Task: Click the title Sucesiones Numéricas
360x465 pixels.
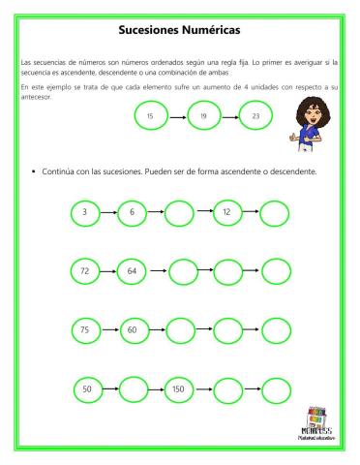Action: click(178, 30)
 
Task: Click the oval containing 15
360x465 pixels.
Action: click(150, 116)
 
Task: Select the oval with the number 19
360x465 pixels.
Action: click(203, 116)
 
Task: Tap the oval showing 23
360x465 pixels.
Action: click(255, 116)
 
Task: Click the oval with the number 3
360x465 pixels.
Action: click(85, 211)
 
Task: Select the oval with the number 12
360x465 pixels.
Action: click(226, 211)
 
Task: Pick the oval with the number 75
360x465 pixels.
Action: click(85, 330)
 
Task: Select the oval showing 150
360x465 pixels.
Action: click(178, 389)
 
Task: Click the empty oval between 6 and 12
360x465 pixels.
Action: click(179, 211)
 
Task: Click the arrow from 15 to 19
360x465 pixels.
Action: click(176, 116)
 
